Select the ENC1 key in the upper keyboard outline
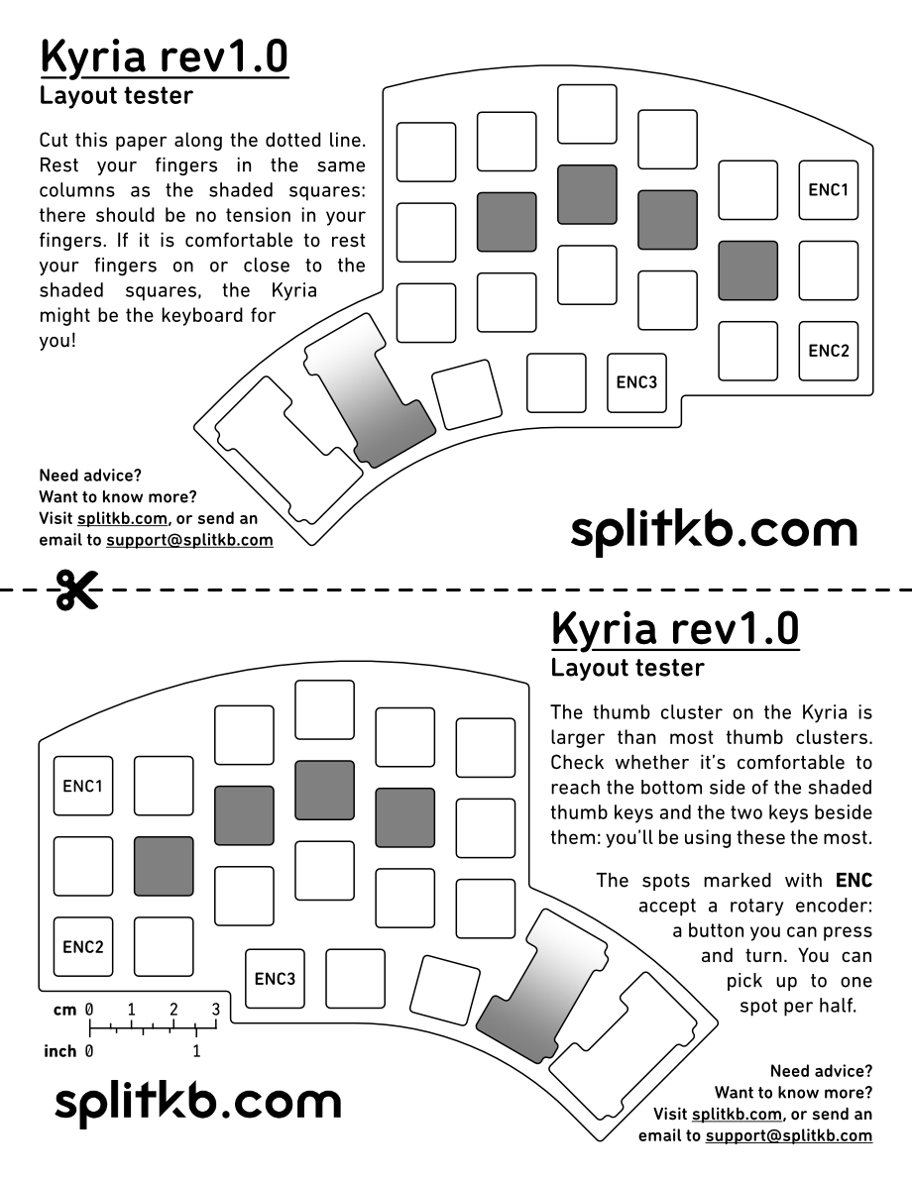tap(828, 190)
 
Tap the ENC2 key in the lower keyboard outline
tap(83, 946)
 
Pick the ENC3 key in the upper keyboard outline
tap(636, 381)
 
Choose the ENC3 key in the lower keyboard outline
tap(275, 979)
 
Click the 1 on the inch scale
tap(196, 1051)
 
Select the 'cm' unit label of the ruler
tap(64, 1010)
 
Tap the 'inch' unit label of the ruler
tap(60, 1051)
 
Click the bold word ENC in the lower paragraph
tap(853, 880)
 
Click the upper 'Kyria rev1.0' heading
tap(164, 57)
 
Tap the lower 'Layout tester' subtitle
tap(627, 668)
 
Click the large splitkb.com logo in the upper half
tap(714, 531)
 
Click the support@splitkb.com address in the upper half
tap(189, 540)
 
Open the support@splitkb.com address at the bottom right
tap(788, 1135)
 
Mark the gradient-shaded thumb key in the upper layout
tap(370, 390)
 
